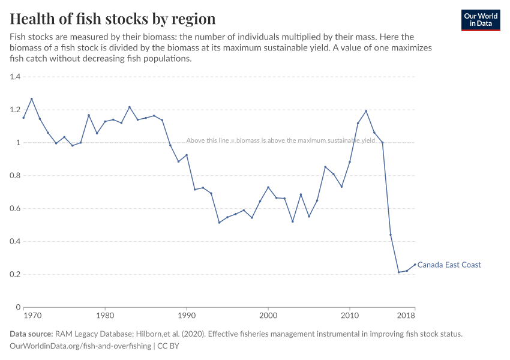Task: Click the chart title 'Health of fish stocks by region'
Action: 112,19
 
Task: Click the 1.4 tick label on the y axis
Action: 15,77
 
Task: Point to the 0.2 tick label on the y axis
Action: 15,274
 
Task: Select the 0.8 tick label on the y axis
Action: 15,176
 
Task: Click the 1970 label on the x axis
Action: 32,315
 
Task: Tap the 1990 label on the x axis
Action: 187,315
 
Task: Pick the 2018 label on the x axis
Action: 406,315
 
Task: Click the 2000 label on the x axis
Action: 268,315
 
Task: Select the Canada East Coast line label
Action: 449,265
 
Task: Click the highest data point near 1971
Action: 32,99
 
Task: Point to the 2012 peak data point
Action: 366,111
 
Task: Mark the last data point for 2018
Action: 415,265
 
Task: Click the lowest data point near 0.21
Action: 398,272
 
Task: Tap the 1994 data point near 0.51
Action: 219,223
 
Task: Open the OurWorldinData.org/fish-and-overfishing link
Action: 80,346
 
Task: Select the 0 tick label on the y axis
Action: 19,307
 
